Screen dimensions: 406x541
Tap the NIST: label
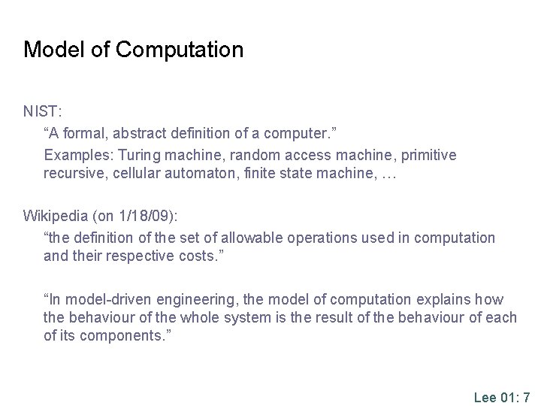pyautogui.click(x=42, y=111)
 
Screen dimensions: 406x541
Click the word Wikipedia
pyautogui.click(x=56, y=217)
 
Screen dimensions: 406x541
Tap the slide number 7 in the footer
pyautogui.click(x=527, y=397)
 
